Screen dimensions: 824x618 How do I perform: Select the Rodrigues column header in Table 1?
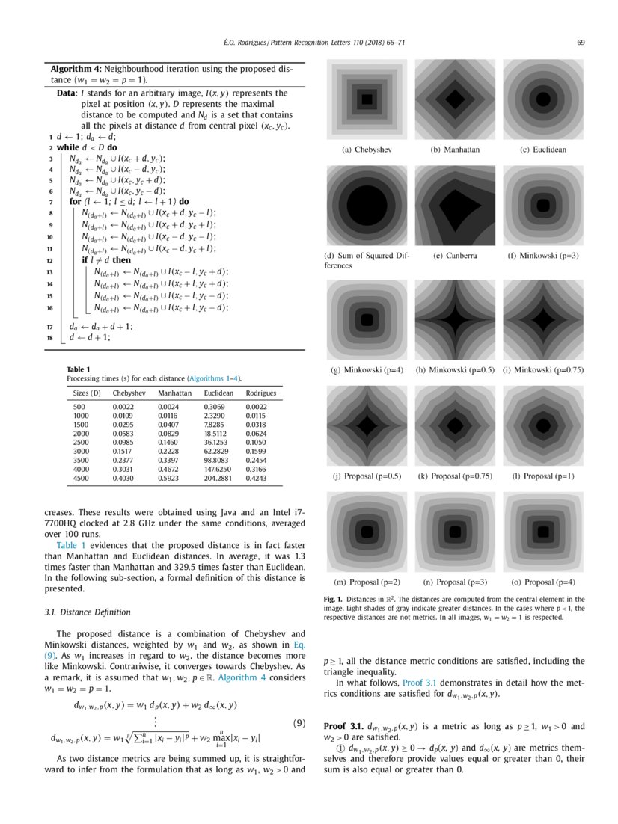[x=261, y=392]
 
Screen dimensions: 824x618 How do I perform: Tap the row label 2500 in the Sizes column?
[x=84, y=442]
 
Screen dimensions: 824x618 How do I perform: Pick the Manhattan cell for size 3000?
[x=173, y=452]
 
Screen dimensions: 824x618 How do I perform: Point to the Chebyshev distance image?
[x=367, y=98]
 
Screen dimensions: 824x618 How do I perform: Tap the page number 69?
[x=581, y=42]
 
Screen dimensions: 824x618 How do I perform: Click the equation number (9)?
[x=297, y=723]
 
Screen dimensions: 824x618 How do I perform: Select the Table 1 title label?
[x=78, y=369]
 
